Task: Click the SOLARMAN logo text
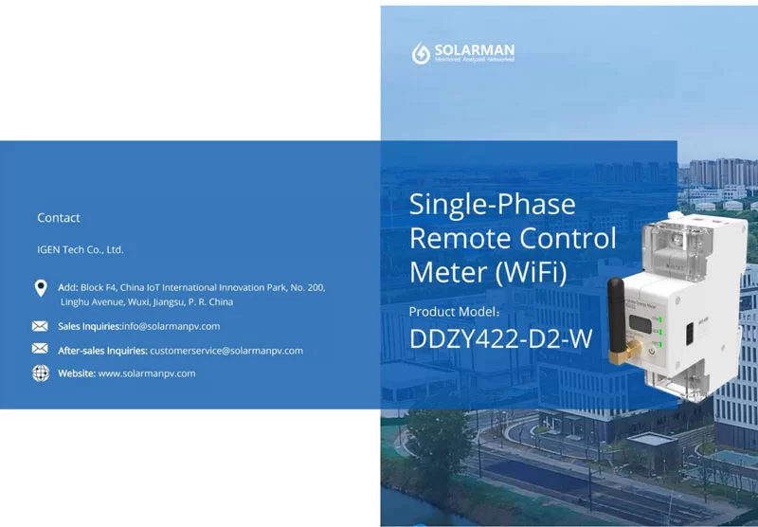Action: (474, 48)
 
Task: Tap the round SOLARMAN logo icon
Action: (421, 53)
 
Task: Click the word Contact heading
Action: (59, 218)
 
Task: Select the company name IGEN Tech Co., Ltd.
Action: (81, 250)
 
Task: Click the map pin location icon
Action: (41, 288)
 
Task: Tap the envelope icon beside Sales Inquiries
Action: (40, 326)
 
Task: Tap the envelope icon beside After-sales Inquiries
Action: (40, 350)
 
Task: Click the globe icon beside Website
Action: (41, 373)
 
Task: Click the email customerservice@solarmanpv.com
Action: (226, 351)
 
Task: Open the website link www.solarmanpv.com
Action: (147, 373)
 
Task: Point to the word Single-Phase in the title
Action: (492, 205)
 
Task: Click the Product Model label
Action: (459, 311)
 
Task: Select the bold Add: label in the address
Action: (67, 287)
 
